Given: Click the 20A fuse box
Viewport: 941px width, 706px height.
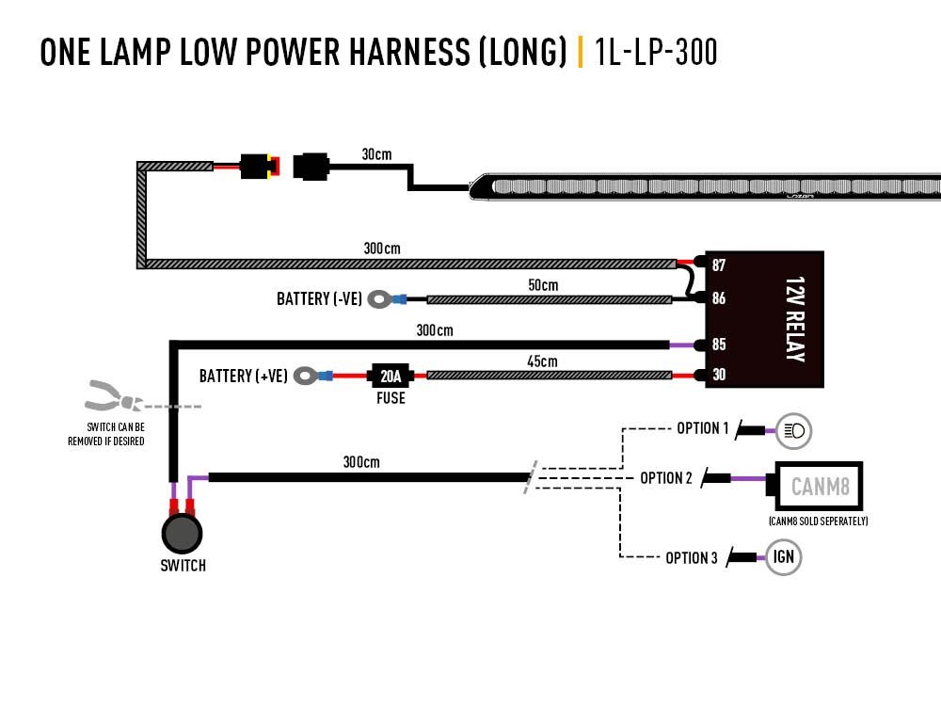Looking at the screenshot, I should pyautogui.click(x=391, y=376).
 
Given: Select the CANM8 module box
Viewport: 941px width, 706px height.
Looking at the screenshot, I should pyautogui.click(x=816, y=487).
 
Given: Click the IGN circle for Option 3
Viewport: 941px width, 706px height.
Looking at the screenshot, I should pyautogui.click(x=784, y=557).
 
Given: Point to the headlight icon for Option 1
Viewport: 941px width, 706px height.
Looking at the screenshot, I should pyautogui.click(x=793, y=431).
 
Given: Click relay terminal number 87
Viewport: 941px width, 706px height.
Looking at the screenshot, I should pyautogui.click(x=719, y=266).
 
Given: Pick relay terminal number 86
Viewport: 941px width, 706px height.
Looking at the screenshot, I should pyautogui.click(x=719, y=299).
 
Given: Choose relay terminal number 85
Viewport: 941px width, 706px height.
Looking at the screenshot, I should pyautogui.click(x=719, y=345).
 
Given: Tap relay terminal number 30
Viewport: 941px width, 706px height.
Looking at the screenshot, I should pyautogui.click(x=719, y=375).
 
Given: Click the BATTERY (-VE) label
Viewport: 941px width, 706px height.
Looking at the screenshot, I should pyautogui.click(x=319, y=299).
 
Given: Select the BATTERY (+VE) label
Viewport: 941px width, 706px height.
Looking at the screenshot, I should pyautogui.click(x=243, y=377).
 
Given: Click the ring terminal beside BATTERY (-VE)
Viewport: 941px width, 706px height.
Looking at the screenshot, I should pyautogui.click(x=379, y=299).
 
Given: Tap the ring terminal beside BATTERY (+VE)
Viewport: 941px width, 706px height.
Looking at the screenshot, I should pyautogui.click(x=306, y=377).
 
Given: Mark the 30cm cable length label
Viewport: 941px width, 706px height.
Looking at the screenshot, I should pyautogui.click(x=376, y=153).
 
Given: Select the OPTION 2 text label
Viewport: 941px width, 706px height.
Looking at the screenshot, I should pyautogui.click(x=666, y=478).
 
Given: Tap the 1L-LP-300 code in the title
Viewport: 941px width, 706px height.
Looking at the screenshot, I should pyautogui.click(x=657, y=53).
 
